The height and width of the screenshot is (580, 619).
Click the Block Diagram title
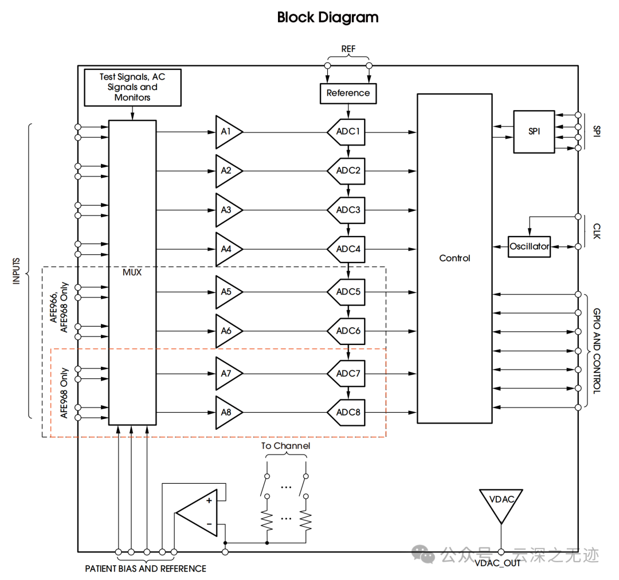click(x=328, y=17)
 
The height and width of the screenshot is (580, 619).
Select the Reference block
click(x=348, y=93)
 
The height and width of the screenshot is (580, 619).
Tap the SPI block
click(x=534, y=132)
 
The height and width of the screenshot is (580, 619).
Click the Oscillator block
click(x=529, y=246)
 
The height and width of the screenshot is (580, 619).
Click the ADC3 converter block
click(x=347, y=210)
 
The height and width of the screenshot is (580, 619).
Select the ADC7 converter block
click(x=347, y=374)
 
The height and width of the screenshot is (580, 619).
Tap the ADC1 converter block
click(x=347, y=132)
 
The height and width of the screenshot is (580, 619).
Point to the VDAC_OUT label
click(x=497, y=563)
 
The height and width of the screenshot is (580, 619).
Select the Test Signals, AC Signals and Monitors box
click(x=132, y=87)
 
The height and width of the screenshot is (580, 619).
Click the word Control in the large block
click(x=455, y=258)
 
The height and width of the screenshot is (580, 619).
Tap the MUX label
click(x=132, y=272)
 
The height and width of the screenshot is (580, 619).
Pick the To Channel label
click(x=285, y=446)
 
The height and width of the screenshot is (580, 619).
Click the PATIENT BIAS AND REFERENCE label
click(x=146, y=569)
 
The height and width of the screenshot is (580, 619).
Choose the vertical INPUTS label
click(x=17, y=271)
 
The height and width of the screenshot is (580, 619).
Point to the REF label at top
click(x=348, y=49)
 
